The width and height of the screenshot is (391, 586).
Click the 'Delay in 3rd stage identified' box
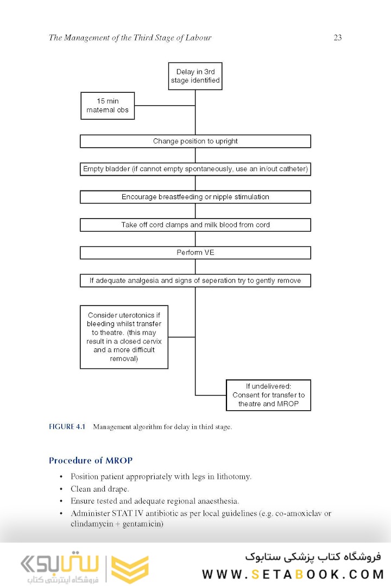195,76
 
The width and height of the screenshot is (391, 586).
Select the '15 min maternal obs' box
108,106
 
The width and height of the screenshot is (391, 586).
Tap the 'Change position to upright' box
195,141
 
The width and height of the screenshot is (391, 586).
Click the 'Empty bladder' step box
195,169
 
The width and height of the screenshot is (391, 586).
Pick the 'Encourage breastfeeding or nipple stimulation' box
195,197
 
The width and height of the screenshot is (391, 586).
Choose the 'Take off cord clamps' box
195,225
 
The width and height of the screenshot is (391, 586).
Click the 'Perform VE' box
195,253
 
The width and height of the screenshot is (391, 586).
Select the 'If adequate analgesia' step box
195,281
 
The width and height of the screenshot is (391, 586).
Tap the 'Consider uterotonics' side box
124,337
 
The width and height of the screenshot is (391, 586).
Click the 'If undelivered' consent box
268,395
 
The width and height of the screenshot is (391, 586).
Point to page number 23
337,38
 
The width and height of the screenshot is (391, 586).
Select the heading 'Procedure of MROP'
91,461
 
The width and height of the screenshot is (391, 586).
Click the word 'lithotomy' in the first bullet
233,477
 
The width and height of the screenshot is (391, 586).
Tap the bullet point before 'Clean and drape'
61,489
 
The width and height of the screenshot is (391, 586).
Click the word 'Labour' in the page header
198,38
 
